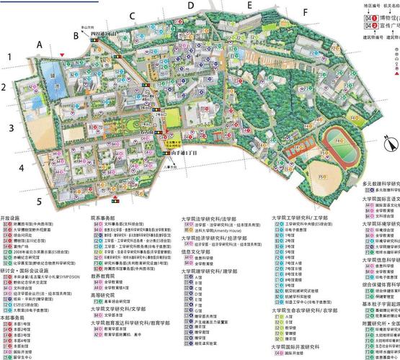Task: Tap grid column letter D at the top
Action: point(190,6)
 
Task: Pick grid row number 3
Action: point(11,129)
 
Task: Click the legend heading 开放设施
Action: point(14,197)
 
